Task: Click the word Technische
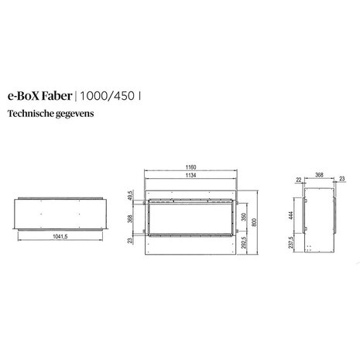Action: click(x=30, y=113)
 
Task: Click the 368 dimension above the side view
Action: click(x=318, y=174)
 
